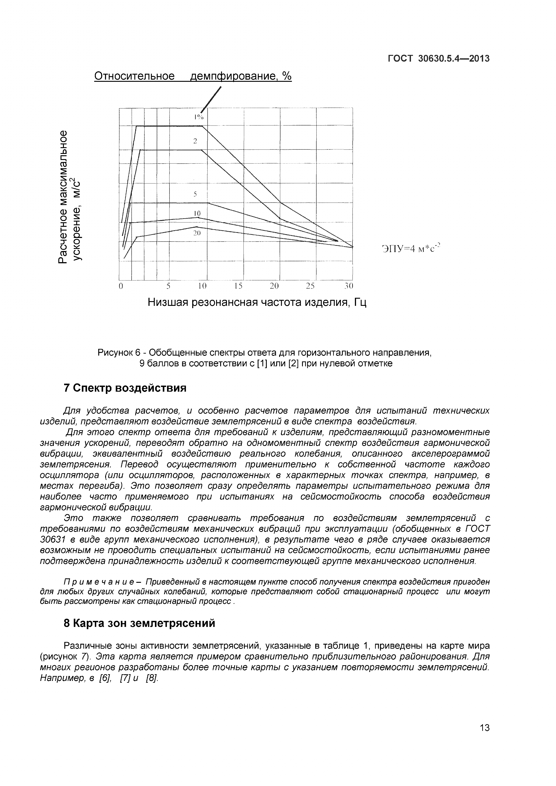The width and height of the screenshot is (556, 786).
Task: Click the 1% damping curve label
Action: point(198,117)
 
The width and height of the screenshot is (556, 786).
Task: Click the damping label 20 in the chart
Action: point(196,233)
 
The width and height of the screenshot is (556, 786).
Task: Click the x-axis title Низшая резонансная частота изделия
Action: point(257,302)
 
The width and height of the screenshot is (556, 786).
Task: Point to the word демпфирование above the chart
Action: point(233,76)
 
